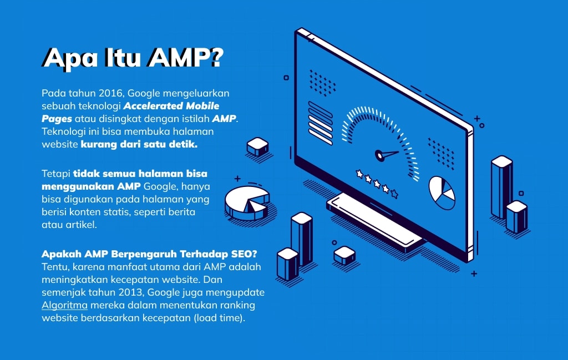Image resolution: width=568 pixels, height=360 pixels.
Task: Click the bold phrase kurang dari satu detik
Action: click(x=139, y=144)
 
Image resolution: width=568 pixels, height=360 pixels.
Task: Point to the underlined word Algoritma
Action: click(x=64, y=305)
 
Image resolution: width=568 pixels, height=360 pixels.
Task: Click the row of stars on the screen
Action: click(x=377, y=183)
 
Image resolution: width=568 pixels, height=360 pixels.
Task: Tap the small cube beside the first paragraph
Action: click(x=258, y=146)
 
